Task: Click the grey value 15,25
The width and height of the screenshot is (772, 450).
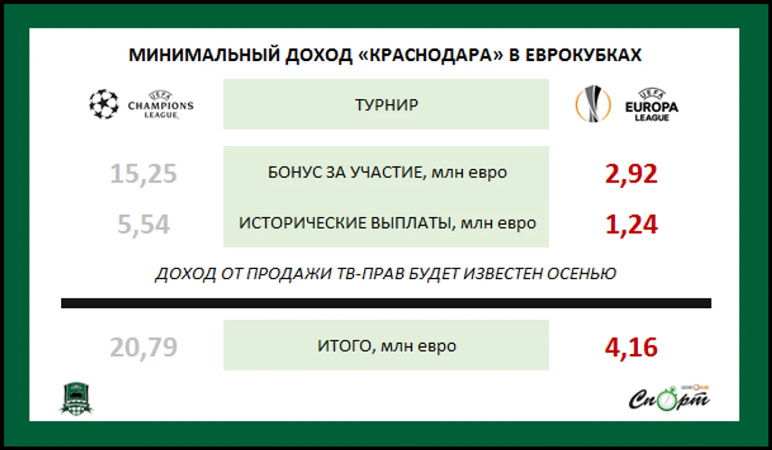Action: coord(143,174)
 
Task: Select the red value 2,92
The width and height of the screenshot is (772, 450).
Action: coord(631,174)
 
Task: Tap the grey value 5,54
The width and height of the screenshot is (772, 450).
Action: coord(143,225)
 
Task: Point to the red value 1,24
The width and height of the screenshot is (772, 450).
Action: coord(631,225)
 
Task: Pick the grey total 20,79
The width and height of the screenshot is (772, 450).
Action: coord(143,347)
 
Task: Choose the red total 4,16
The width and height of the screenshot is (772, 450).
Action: coord(631,347)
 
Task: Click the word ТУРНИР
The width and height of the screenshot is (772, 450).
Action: coord(387,105)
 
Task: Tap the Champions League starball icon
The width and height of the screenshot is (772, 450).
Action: coord(104,104)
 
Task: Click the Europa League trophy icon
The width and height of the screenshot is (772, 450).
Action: coord(593,103)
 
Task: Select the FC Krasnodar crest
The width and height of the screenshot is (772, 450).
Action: coord(77,398)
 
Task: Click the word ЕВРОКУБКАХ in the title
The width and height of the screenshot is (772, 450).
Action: coord(583,55)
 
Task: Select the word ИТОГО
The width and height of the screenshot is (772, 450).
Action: coord(346,346)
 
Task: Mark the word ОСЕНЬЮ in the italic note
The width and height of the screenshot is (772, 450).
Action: coord(582,273)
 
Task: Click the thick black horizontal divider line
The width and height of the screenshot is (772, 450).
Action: coord(386,303)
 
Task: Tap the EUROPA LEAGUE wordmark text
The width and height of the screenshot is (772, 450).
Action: coord(652,111)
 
